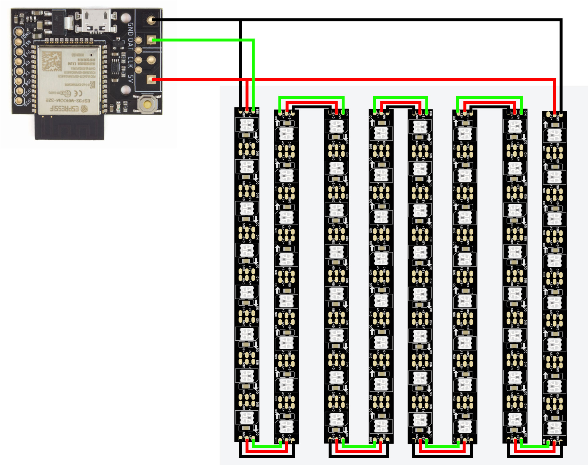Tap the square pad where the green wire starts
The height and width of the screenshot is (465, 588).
coord(151,40)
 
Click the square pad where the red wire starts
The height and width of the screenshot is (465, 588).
coord(151,79)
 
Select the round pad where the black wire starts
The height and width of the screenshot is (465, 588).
coord(151,20)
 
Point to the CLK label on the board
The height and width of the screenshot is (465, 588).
coord(130,62)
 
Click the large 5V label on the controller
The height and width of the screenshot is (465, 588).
coord(130,78)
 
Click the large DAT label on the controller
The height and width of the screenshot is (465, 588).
coord(130,44)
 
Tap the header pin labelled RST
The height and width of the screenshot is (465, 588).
coord(19,42)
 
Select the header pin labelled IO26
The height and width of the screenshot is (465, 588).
coord(19,101)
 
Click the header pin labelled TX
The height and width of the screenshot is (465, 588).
coord(19,71)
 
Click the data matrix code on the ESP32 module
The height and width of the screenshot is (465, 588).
coord(52,61)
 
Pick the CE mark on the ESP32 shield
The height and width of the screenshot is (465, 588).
coord(78,93)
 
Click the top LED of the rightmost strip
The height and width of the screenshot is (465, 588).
coord(554,135)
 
